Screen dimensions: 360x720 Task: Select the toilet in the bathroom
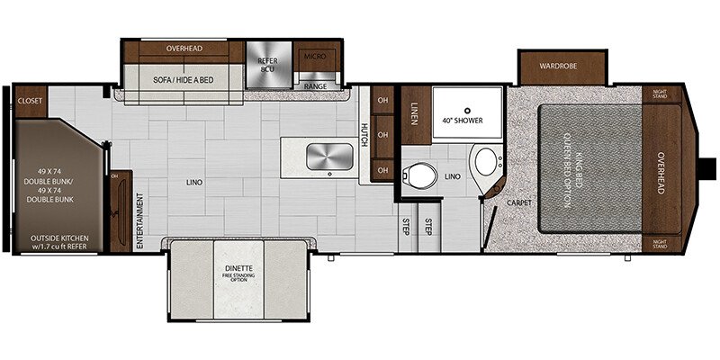[420, 172]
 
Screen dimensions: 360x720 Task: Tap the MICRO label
[316, 57]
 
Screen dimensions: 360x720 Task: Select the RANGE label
[315, 86]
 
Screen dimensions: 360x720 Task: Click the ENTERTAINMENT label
[141, 219]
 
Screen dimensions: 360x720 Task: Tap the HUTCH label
[364, 136]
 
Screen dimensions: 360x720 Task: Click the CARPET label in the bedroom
[518, 202]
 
